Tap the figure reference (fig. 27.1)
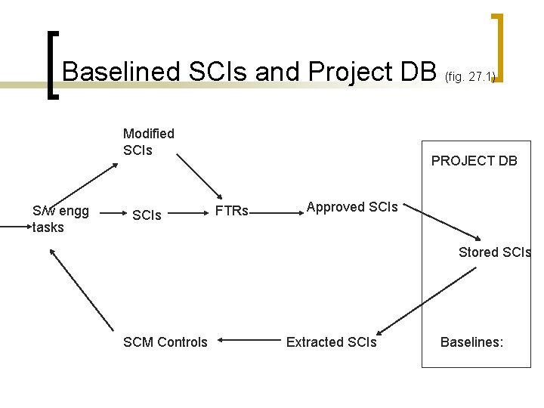[470, 76]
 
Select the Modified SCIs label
[148, 141]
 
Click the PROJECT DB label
[474, 160]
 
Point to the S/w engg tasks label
[60, 219]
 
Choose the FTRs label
[232, 211]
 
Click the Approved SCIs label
[351, 207]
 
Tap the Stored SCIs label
[494, 252]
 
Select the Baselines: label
[471, 342]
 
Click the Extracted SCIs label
[331, 342]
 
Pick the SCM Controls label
[165, 342]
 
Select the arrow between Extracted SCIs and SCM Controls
[246, 342]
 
